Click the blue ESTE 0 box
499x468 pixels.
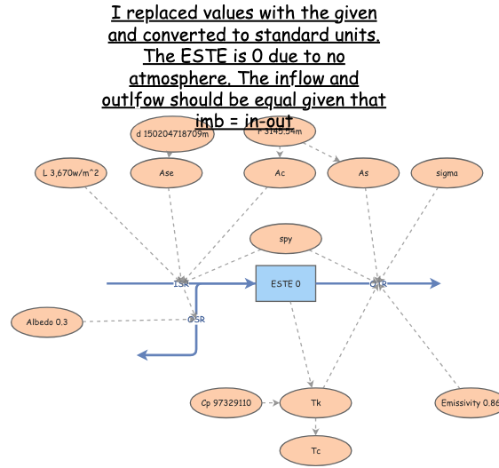[285, 284]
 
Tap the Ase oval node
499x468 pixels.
[167, 173]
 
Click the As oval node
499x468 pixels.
[363, 173]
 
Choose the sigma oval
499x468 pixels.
[448, 173]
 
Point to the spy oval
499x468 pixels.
[285, 239]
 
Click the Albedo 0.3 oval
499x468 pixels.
[47, 321]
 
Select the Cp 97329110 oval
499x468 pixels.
[226, 403]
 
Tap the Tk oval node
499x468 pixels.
[315, 403]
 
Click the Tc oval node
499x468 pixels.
[315, 451]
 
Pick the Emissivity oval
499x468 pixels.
[467, 403]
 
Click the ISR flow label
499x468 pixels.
[181, 283]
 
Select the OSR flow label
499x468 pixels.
[196, 319]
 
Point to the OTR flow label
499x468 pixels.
[378, 284]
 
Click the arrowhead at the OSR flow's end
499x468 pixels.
[142, 355]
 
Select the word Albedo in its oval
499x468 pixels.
[40, 321]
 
